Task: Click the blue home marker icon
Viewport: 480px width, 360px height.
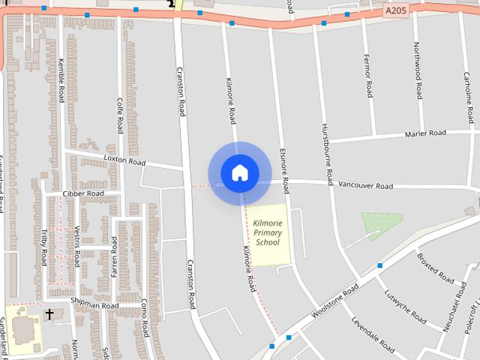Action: tap(239, 172)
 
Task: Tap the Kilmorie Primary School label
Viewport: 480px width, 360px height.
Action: tap(267, 232)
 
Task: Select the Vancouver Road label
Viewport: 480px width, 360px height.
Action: tap(365, 185)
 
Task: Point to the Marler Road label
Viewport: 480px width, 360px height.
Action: tap(425, 133)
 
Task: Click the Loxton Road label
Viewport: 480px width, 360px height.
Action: tap(124, 161)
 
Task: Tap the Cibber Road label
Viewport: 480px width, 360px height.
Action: tap(83, 193)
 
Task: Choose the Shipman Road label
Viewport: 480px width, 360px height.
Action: tap(94, 305)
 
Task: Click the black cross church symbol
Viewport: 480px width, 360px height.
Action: tap(49, 313)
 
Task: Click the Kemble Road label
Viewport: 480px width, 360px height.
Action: tap(61, 82)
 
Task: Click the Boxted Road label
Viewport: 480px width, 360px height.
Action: tap(436, 268)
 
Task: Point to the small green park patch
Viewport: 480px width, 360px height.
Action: tap(382, 223)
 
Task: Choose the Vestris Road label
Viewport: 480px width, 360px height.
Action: tap(77, 240)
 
